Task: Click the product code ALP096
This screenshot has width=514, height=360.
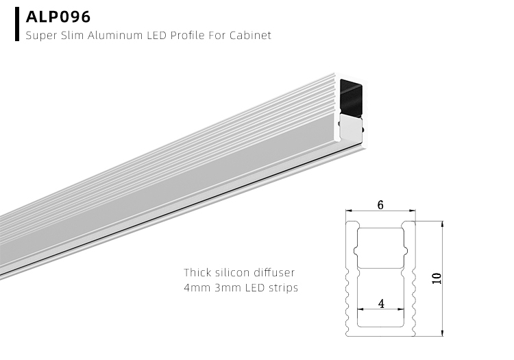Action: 58,16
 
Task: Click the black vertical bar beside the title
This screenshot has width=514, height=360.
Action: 16,25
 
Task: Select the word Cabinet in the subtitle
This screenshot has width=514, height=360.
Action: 252,35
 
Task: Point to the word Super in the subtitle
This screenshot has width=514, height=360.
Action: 40,35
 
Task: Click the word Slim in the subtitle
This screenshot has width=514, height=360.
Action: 71,35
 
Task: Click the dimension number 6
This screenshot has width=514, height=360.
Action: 380,203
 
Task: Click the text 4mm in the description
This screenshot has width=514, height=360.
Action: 196,288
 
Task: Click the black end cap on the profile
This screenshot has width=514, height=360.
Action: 352,96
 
